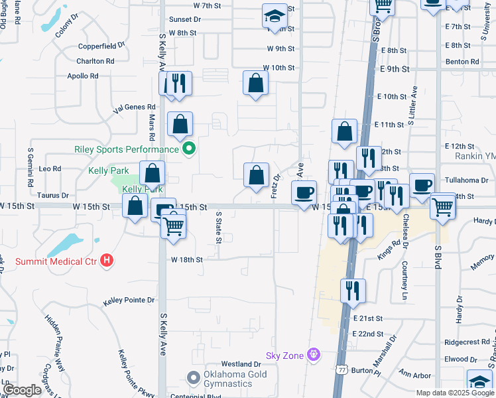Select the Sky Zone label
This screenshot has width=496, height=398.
284,356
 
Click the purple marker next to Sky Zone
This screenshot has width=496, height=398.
314,356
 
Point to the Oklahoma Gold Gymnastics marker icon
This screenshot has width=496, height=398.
193,377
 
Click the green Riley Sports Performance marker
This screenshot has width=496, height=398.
189,149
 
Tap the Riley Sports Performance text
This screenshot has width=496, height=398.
125,149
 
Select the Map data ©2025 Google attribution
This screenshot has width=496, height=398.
455,393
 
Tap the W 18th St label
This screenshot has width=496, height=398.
186,260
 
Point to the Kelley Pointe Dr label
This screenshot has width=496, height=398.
129,301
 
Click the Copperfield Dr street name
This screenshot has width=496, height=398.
101,46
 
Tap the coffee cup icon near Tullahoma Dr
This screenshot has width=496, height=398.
422,185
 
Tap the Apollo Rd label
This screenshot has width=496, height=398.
83,76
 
